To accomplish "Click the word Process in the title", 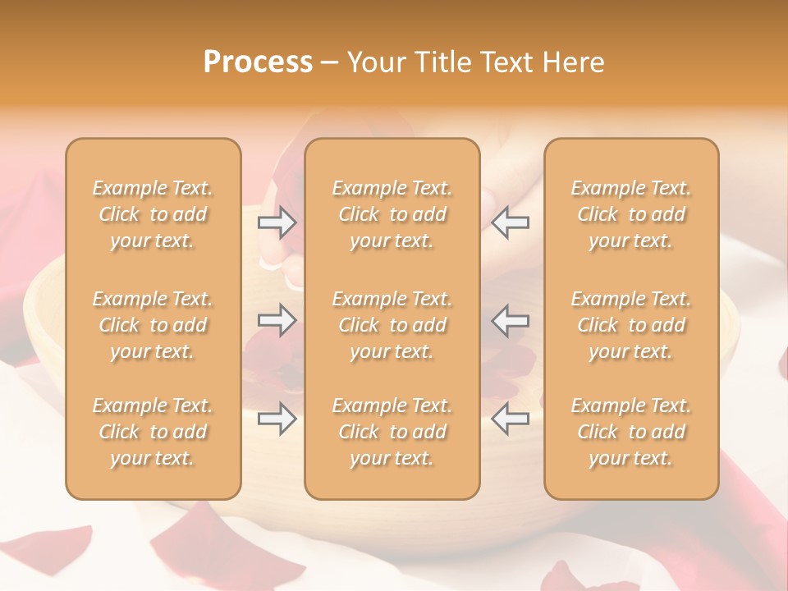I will click(258, 62).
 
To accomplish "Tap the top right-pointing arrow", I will click(277, 222).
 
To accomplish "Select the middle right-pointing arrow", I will click(277, 320).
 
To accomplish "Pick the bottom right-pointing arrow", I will click(277, 419).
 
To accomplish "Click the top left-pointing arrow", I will click(511, 222).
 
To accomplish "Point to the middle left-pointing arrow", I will click(511, 320).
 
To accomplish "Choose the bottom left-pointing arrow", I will click(511, 419).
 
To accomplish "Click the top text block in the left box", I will click(153, 214).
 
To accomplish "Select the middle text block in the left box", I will click(153, 325).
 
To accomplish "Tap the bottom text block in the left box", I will click(153, 432).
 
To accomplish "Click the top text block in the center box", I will click(392, 214).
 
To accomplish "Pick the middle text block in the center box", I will click(392, 325).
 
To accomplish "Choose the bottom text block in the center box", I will click(392, 432).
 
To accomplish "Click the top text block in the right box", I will click(631, 214).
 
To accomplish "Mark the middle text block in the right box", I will click(631, 325).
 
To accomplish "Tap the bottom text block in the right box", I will click(631, 432).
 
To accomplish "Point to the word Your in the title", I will click(377, 62).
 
